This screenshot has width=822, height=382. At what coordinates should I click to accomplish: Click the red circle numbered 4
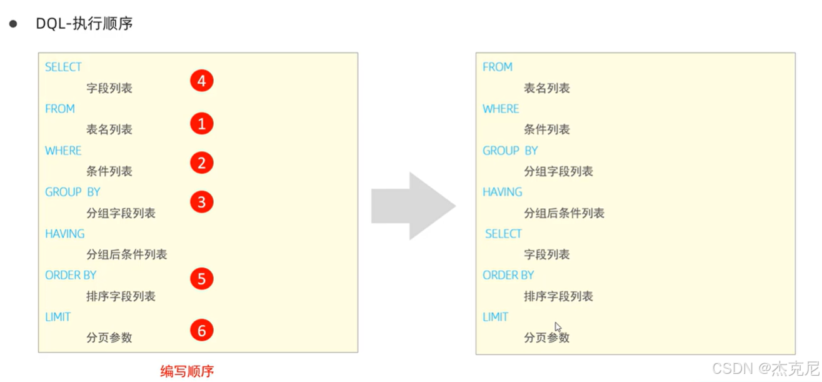201,81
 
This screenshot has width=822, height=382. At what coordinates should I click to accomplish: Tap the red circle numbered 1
201,124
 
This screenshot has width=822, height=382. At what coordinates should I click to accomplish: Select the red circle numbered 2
201,163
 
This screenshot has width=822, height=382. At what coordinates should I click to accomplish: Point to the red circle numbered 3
201,202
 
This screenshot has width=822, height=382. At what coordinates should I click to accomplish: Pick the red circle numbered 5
201,279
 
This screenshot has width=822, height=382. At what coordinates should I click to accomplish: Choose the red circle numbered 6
201,331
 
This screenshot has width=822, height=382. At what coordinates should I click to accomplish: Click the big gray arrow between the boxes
413,206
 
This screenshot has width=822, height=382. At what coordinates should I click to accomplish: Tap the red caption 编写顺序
187,371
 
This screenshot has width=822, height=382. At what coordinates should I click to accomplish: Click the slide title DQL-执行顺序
84,24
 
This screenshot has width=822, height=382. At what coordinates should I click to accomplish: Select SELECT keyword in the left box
63,67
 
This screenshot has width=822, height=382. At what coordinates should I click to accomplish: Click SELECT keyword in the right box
503,234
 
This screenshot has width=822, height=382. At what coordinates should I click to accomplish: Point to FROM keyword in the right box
498,67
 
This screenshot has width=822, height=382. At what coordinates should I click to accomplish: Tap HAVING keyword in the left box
64,234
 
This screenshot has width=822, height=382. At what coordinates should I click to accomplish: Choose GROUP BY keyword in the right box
510,151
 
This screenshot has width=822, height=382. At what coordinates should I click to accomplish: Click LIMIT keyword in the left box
58,317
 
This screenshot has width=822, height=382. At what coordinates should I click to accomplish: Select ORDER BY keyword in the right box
508,275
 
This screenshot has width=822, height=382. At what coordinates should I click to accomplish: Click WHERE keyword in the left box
63,151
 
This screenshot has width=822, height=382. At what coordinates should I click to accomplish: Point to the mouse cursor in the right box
558,326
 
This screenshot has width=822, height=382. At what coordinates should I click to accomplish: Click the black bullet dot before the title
13,24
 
